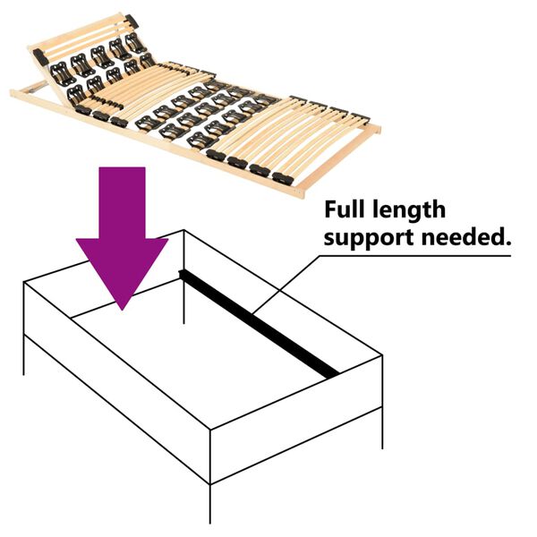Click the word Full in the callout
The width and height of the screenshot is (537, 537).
coord(346,210)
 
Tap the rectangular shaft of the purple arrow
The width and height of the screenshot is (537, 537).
coord(122,201)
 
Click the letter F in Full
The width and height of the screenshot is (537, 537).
coord(330,210)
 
